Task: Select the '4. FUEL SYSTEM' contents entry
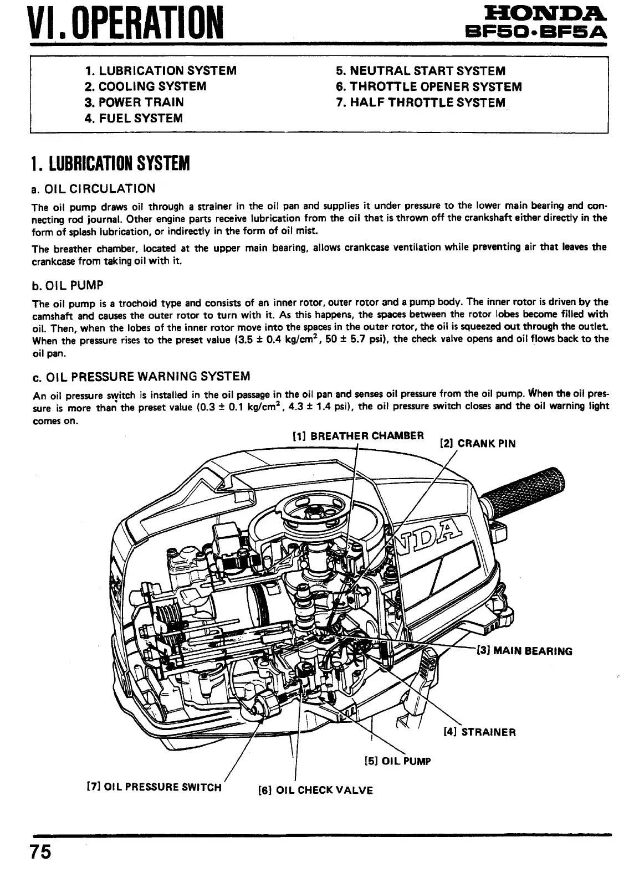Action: pos(134,118)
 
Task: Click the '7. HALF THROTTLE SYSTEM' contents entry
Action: pos(421,102)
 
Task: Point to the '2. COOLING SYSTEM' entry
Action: pos(146,86)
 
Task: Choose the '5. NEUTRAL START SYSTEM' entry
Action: pos(421,71)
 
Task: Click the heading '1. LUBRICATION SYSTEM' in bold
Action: pos(110,164)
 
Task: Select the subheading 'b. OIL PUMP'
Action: pos(68,286)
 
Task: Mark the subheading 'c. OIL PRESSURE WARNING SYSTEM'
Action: pos(141,377)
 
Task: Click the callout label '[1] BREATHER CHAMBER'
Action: pos(358,435)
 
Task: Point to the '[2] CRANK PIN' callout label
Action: pos(477,443)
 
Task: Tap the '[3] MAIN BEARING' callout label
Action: pos(524,651)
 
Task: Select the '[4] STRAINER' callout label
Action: pos(480,732)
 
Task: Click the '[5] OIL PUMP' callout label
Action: pos(397,761)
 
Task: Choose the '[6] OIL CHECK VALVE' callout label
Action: pos(316,790)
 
